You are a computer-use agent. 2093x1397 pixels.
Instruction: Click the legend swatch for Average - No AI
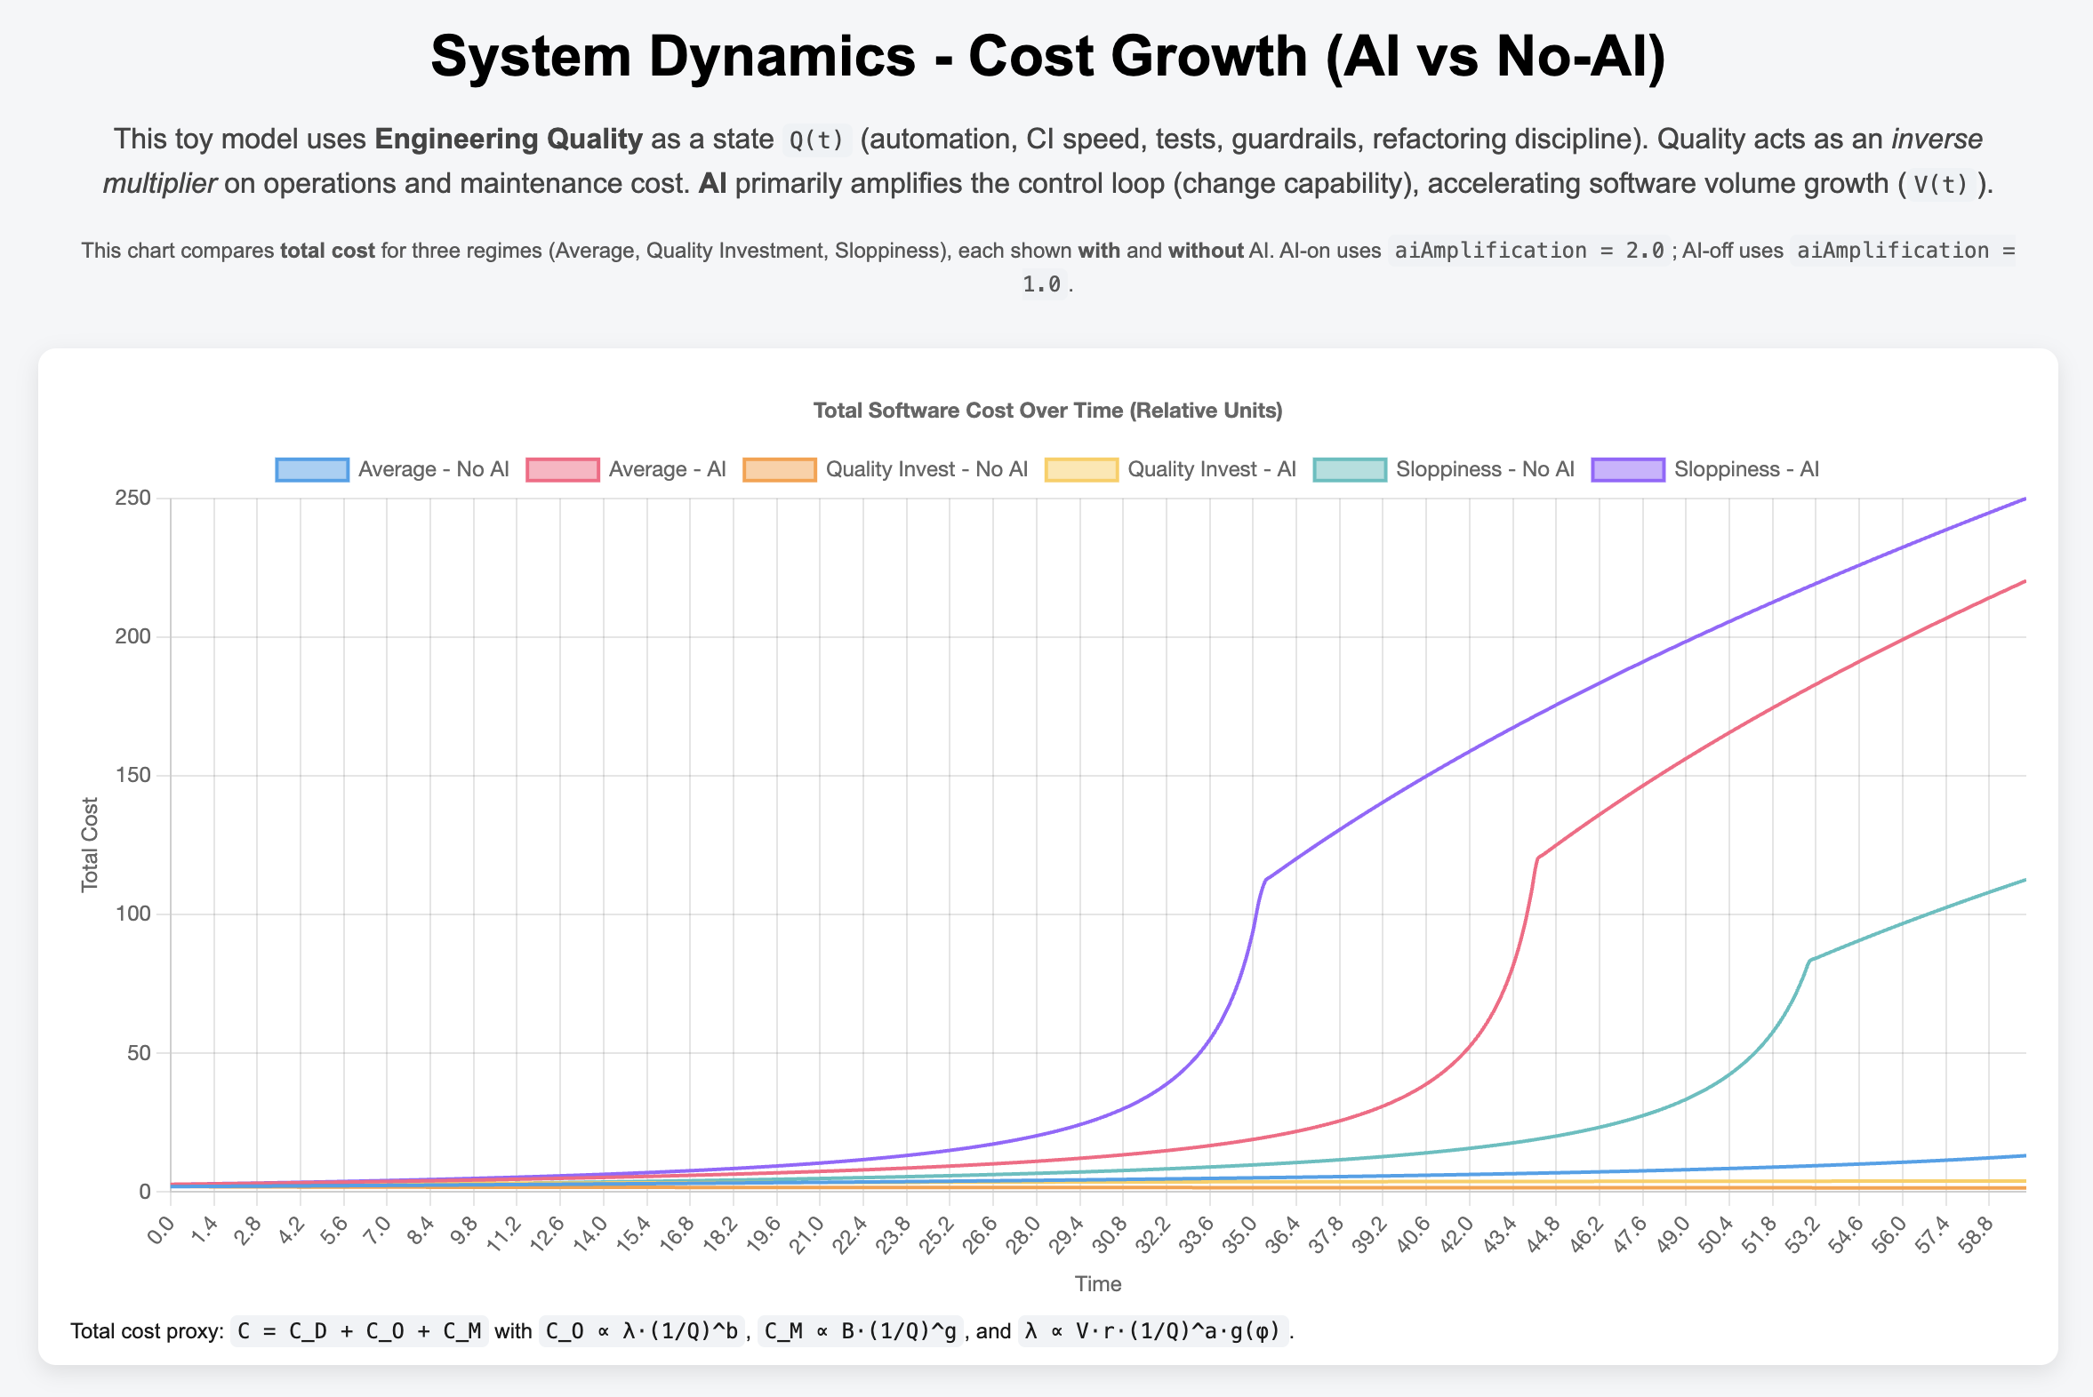(312, 469)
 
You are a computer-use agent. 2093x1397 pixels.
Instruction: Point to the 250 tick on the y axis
(132, 498)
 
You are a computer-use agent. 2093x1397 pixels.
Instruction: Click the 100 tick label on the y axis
(132, 914)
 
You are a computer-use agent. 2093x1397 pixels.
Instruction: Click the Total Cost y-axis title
(89, 844)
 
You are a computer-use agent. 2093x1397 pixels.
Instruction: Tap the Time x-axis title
(1097, 1284)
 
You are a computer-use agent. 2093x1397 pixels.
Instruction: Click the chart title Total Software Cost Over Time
(1047, 411)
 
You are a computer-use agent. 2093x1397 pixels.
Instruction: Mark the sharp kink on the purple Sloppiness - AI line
(1265, 881)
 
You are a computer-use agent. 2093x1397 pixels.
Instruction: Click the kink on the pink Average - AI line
(1537, 858)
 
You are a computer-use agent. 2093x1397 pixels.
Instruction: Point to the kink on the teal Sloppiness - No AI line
(1809, 960)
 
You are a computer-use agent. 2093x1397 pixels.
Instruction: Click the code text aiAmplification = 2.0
(1528, 251)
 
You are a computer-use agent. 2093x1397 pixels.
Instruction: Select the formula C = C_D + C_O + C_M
(359, 1331)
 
